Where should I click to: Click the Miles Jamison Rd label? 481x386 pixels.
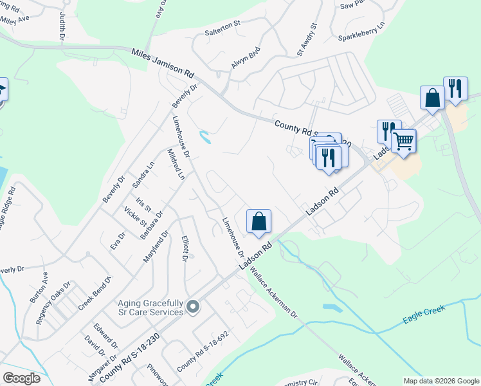point(162,62)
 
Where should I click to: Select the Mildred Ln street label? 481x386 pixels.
point(176,165)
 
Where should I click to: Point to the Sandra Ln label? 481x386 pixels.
point(143,174)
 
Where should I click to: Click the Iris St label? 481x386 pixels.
point(143,205)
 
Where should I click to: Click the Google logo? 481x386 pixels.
point(22,378)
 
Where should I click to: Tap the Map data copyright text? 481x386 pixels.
point(440,380)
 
